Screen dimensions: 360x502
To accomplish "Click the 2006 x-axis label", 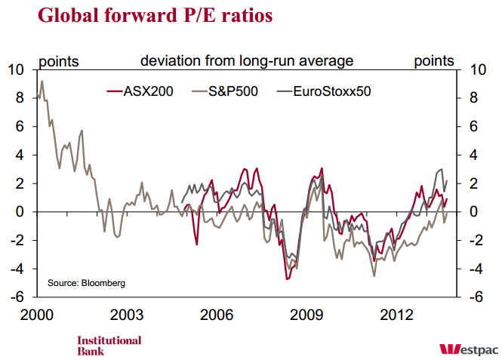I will pos(217,313).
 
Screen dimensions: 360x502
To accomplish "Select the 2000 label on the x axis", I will pos(37,313).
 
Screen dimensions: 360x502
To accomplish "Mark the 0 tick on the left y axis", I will pos(23,212).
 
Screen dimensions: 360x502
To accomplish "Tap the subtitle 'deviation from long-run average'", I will pos(247,60).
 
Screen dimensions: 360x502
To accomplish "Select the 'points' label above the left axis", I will pos(58,60).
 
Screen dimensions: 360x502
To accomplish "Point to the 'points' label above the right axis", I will pos(434,60).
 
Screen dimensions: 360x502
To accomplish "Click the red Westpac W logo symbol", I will pos(449,349).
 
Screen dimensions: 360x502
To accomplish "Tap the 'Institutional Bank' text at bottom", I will pos(109,345).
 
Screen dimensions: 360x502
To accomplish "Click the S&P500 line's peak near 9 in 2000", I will pos(42,81).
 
